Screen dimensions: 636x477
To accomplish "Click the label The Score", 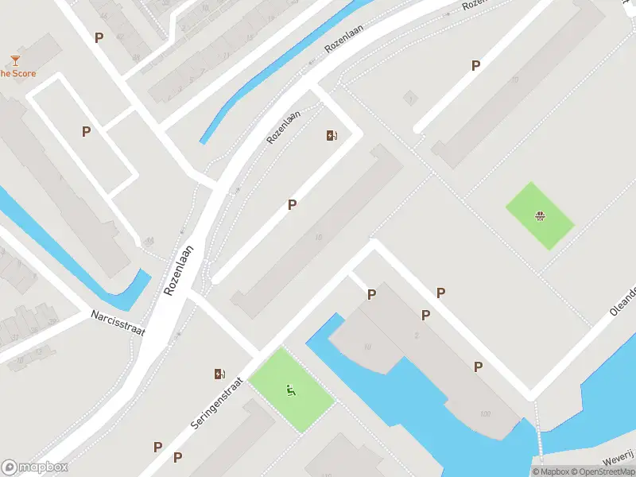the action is [x=17, y=74].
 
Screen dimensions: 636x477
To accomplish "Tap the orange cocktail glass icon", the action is [x=15, y=60].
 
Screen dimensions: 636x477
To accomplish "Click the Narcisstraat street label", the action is [x=117, y=323].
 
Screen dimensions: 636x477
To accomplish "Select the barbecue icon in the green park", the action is [x=541, y=215].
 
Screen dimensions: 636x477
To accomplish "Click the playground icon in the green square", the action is [x=291, y=390].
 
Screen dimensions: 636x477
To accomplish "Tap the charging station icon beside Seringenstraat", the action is [x=219, y=374].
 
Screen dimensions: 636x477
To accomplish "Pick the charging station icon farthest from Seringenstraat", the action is [x=332, y=135].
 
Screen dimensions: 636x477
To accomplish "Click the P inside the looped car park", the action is [x=86, y=132].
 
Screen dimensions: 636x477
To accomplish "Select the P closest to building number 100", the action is [x=478, y=366].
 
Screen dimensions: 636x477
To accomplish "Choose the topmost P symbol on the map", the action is [x=99, y=37].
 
